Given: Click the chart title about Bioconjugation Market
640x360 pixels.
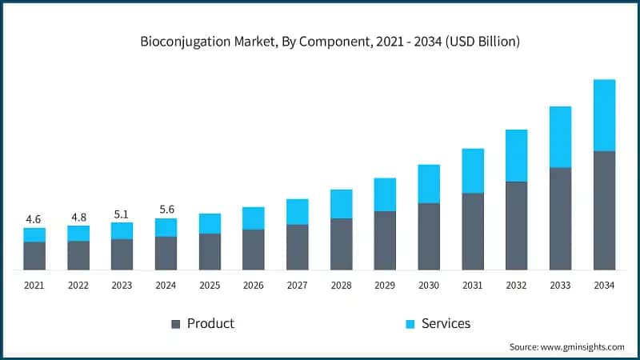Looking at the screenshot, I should coord(320,42).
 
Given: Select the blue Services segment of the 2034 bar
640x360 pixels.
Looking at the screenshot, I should coord(604,115).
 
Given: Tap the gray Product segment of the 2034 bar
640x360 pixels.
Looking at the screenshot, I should coord(604,210).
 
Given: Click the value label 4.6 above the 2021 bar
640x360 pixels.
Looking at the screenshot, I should coord(34,218).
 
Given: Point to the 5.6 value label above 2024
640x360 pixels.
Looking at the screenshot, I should coord(166,209).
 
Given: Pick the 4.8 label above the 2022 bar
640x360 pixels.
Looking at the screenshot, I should coord(78,216).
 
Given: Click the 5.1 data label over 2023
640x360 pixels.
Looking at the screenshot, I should coord(122,214).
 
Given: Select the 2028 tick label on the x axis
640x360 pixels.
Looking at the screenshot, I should coord(341,286).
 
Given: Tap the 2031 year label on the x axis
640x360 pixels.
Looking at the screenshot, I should coord(473,286).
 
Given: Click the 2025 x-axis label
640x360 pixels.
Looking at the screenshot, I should coord(210,286).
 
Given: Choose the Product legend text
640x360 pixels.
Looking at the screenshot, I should coord(210,323).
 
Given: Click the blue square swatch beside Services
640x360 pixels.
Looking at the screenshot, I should coord(410,324).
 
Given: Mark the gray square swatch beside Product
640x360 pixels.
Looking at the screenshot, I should coord(175,324).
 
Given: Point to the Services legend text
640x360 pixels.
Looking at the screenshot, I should coord(446,323).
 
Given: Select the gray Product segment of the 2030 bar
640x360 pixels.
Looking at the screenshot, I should coord(429,236).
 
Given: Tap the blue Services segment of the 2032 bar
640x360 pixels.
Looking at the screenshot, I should coord(517,155).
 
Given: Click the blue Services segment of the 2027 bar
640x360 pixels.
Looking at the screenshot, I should coord(297,212).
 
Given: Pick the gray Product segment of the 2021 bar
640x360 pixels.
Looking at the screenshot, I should coord(34,255).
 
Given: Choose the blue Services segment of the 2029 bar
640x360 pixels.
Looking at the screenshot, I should coord(385,194).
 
